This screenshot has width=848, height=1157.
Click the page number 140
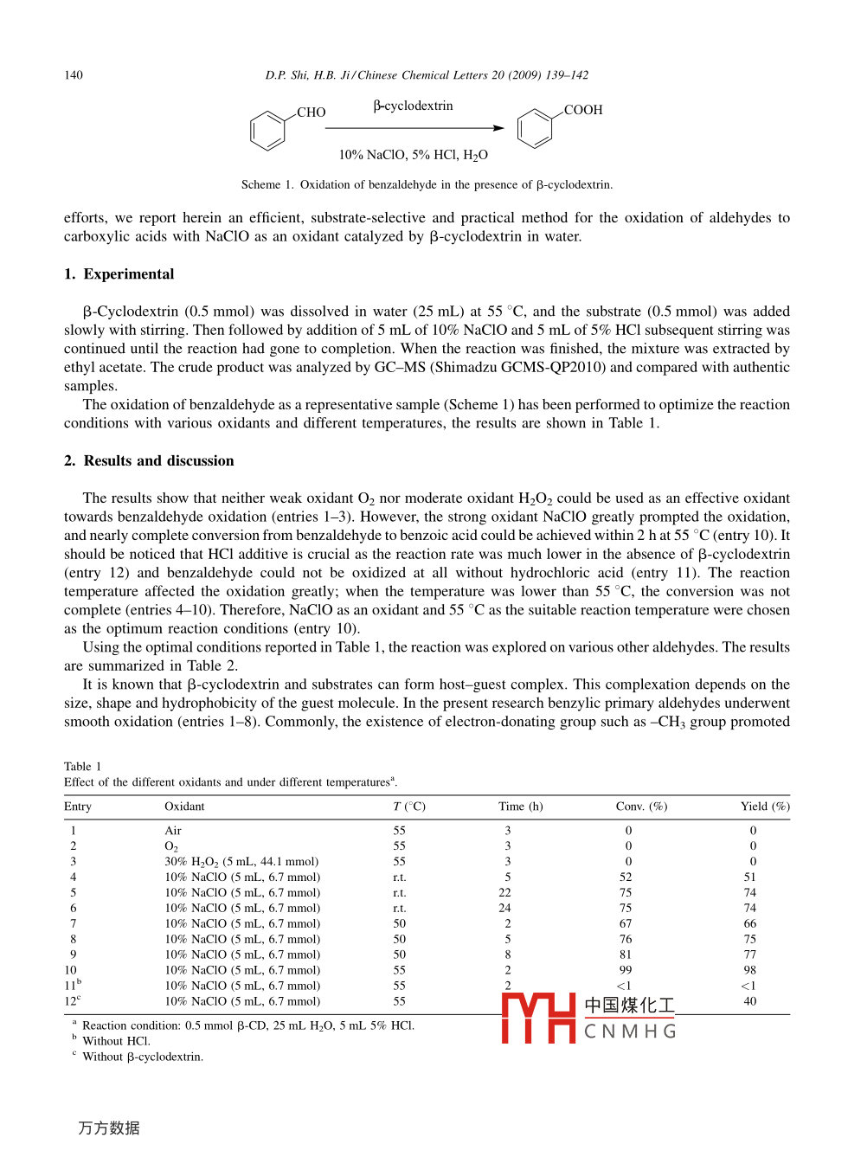coord(74,75)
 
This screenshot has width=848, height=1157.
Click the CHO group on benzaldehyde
coord(311,112)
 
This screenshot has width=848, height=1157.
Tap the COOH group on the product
coord(583,110)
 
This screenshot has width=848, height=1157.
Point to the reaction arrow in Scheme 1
coord(414,128)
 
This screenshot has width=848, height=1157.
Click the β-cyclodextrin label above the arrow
coord(413,106)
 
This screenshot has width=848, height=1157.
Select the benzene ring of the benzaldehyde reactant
coord(267,132)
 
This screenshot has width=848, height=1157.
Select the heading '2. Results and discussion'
coord(149,461)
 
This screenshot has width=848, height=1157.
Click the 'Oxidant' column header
coord(184,807)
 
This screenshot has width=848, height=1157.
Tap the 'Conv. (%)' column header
coord(641,807)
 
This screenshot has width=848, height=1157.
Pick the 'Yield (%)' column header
coord(765,807)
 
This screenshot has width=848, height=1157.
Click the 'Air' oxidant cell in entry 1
coord(173,831)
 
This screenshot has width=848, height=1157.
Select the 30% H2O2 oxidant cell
coord(241,862)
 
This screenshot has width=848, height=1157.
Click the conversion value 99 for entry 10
coord(626,971)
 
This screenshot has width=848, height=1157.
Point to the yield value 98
coord(749,971)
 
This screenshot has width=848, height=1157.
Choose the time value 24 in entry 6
coord(504,909)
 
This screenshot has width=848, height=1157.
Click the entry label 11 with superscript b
coord(73,986)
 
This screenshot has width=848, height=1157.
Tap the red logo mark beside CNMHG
coord(538,1018)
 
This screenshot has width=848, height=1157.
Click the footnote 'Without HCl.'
coord(116,1041)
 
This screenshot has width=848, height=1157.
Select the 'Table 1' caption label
coord(82,767)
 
